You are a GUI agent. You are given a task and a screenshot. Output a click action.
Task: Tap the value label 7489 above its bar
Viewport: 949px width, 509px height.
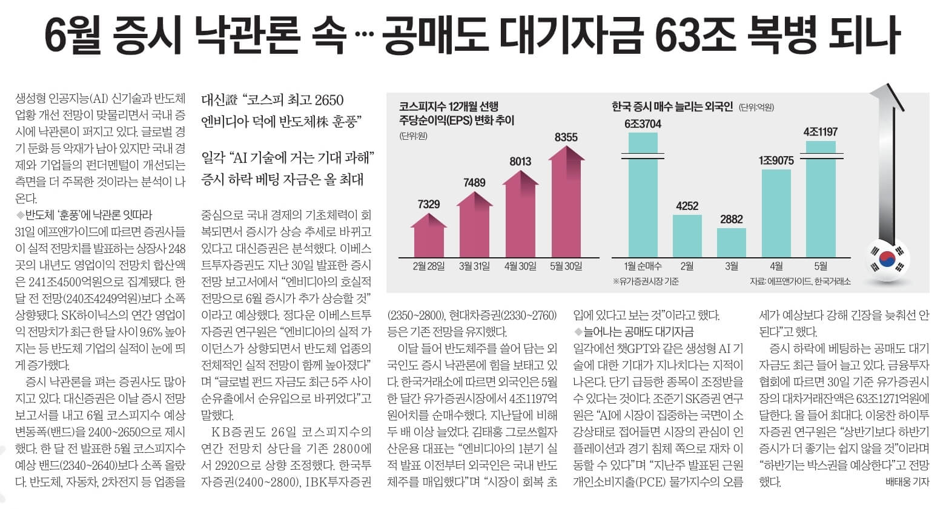[474, 182]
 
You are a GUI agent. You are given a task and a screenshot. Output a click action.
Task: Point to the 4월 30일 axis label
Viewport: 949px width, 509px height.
[520, 266]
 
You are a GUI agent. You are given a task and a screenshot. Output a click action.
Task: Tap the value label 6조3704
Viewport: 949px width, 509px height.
[643, 124]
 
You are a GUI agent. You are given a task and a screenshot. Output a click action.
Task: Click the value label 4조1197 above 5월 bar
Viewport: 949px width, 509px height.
[820, 132]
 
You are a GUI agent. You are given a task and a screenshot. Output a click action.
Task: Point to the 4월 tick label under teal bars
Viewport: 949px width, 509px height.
[776, 266]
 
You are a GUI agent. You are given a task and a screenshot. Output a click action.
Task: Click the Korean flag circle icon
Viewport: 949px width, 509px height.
[887, 259]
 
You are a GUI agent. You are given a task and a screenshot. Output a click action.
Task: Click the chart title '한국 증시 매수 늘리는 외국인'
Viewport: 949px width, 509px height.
[672, 107]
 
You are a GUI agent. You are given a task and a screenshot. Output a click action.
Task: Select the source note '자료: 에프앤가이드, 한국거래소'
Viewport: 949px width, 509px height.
[799, 281]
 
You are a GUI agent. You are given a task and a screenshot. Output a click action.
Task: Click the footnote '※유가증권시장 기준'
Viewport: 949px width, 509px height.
[646, 281]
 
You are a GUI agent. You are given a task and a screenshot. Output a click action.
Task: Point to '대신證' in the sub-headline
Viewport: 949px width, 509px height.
[219, 100]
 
